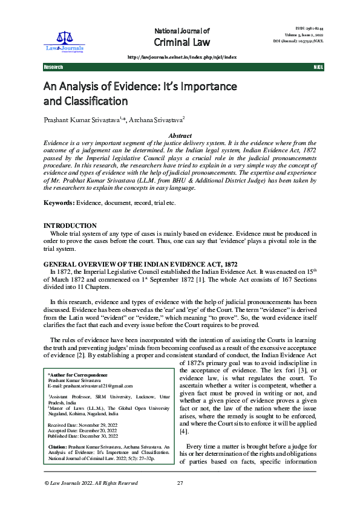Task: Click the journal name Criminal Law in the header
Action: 182,42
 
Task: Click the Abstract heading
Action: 180,136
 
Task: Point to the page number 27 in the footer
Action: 180,500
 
